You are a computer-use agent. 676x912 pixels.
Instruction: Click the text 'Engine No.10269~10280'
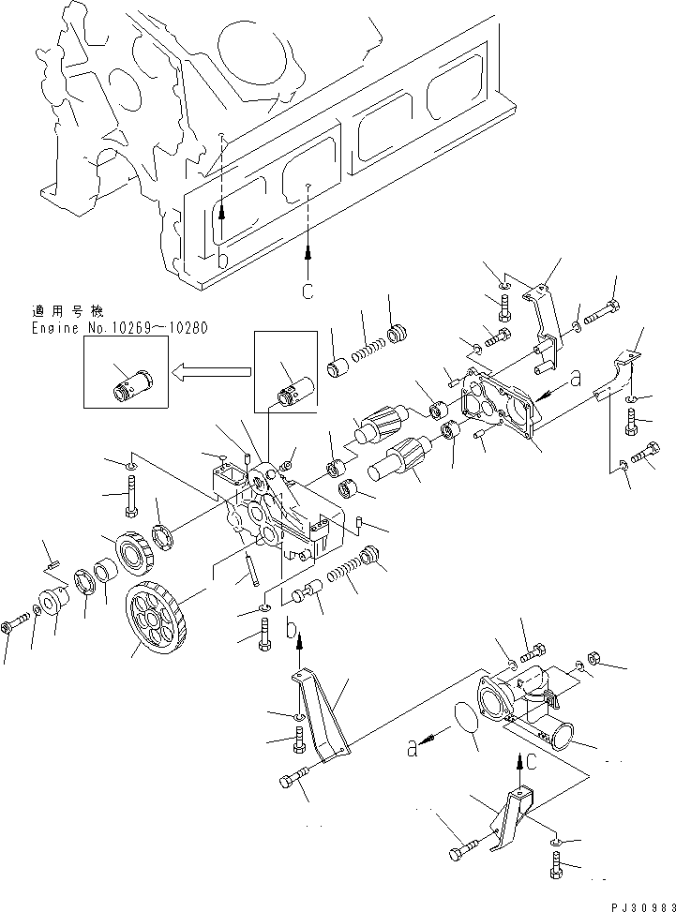pyautogui.click(x=119, y=328)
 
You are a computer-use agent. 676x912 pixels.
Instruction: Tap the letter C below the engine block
pyautogui.click(x=307, y=292)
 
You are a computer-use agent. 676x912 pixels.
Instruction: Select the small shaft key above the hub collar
pyautogui.click(x=53, y=563)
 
